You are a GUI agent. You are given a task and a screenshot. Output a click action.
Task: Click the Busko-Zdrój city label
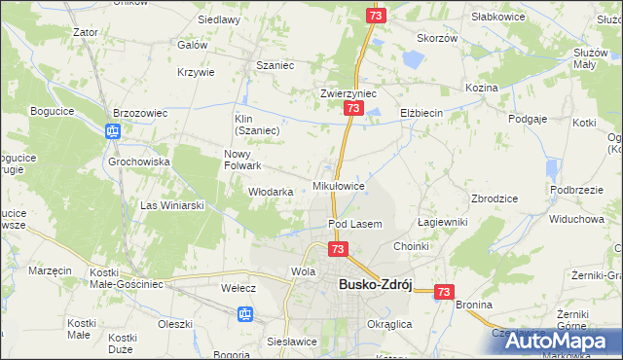click(376, 284)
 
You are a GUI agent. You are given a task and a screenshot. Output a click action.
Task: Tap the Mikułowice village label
click(338, 185)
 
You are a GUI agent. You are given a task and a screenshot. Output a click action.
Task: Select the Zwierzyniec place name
click(348, 93)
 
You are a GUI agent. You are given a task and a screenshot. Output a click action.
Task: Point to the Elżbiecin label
click(421, 113)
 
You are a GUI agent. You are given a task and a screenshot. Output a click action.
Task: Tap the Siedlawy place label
click(219, 19)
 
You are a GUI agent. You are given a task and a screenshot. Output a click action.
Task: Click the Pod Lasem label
click(354, 224)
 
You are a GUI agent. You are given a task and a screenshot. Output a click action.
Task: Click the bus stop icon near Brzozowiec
click(112, 132)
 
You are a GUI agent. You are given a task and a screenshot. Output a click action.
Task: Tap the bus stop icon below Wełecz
click(245, 313)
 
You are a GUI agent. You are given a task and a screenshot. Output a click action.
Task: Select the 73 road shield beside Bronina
click(445, 291)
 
